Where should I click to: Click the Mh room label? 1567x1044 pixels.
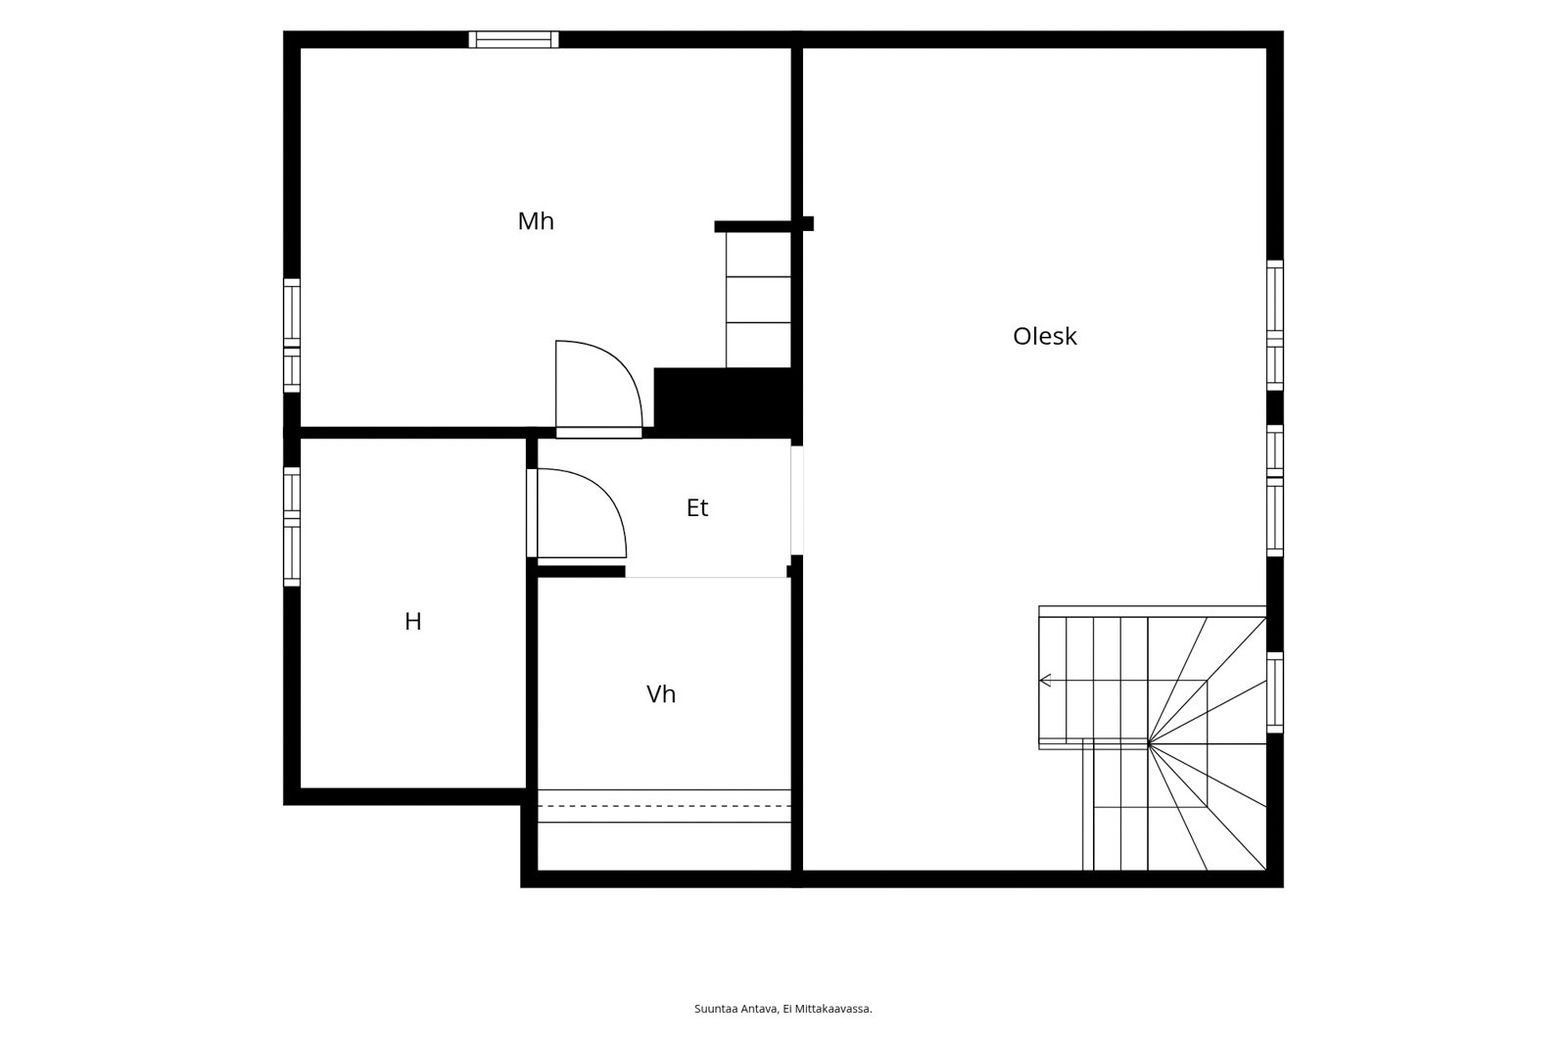[x=536, y=221]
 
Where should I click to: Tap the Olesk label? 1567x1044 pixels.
[x=1044, y=337]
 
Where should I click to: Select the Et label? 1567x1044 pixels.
[x=697, y=508]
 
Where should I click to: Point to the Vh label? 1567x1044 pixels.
[x=661, y=694]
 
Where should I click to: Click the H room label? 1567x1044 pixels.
[x=412, y=621]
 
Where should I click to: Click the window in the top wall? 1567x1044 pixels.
[x=513, y=39]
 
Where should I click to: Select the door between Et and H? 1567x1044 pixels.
[x=533, y=513]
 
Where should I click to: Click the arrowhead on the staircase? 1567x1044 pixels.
[x=1045, y=680]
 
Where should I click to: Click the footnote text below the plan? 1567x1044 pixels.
[x=783, y=1009]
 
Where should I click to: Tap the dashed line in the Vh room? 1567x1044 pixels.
[x=664, y=806]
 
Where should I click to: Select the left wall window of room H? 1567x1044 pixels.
[x=292, y=527]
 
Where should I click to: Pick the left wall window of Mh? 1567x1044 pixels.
[x=292, y=336]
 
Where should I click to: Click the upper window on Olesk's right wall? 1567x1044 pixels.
[x=1275, y=325]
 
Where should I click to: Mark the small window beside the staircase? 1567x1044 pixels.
[x=1275, y=692]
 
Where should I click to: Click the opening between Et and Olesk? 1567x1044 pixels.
[x=797, y=500]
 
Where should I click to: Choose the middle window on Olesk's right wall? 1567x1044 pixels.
[x=1275, y=492]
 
